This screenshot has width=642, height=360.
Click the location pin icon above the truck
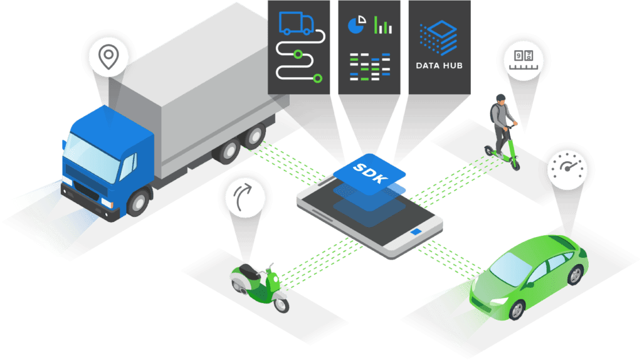(x=108, y=57)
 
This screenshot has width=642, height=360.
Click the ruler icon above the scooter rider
(x=524, y=58)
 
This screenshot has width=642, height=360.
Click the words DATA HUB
(x=439, y=65)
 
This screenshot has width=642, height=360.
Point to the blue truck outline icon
(x=297, y=23)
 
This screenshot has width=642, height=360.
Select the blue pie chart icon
(x=356, y=26)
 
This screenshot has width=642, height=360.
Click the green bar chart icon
(x=382, y=26)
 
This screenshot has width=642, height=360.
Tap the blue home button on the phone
(x=416, y=233)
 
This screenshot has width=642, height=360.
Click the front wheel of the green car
(x=516, y=309)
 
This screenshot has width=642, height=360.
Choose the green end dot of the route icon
(x=318, y=78)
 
